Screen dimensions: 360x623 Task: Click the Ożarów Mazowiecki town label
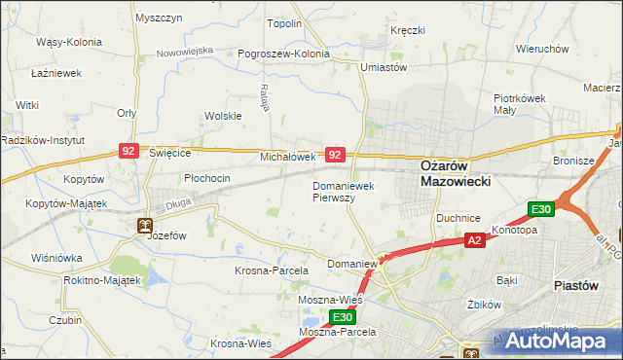click(x=455, y=172)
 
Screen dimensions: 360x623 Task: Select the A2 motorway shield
click(x=474, y=240)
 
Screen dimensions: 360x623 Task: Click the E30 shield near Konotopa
click(x=541, y=209)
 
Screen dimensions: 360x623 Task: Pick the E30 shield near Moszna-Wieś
click(x=341, y=317)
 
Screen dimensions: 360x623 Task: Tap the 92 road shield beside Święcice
click(x=128, y=151)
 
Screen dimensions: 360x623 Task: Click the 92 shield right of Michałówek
click(x=335, y=155)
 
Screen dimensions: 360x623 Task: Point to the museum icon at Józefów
click(x=144, y=227)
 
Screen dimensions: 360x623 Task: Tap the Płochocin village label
click(x=207, y=178)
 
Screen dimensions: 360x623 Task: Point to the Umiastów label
click(x=383, y=67)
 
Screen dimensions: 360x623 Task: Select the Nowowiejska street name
click(x=184, y=50)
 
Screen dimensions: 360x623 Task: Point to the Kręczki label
click(x=407, y=30)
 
